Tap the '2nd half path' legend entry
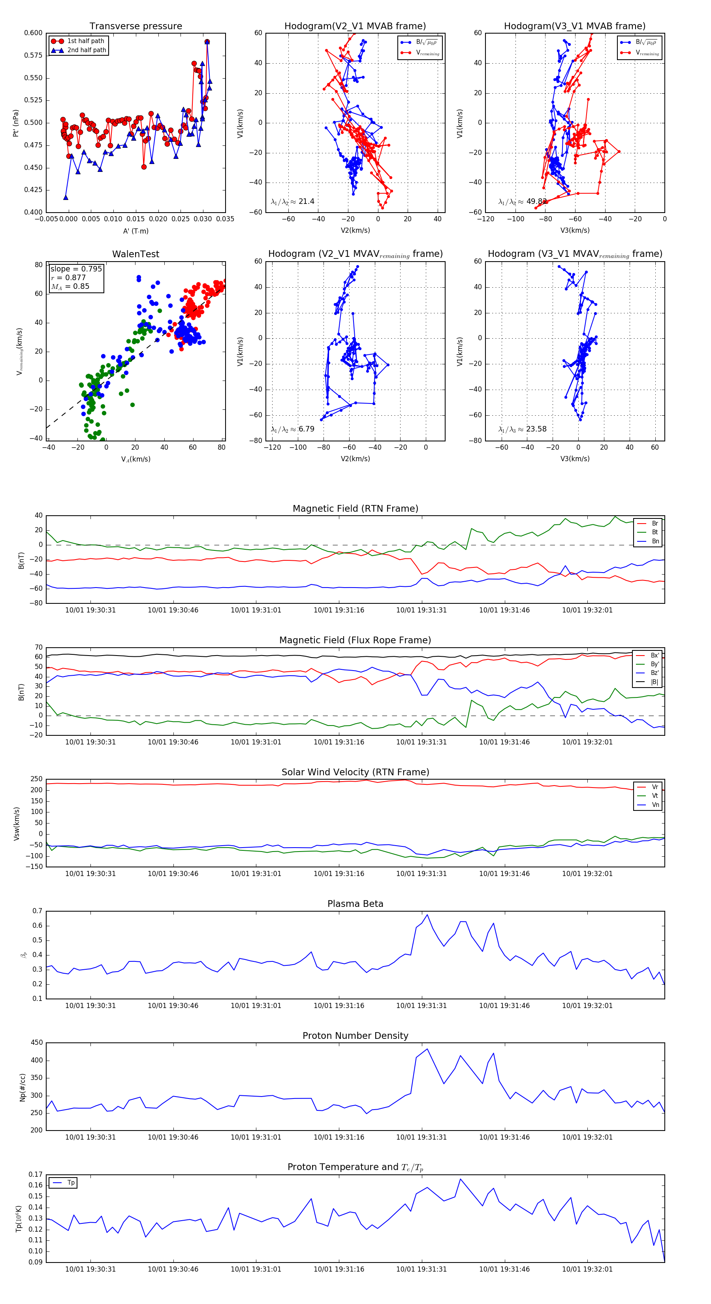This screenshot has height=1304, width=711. (x=87, y=50)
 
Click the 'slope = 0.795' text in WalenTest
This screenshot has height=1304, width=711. (x=76, y=269)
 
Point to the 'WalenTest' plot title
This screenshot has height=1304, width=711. (x=135, y=254)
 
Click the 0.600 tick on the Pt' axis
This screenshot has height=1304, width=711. (x=34, y=33)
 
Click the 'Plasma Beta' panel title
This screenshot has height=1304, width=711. (x=355, y=904)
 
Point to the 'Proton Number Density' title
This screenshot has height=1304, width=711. (x=355, y=1036)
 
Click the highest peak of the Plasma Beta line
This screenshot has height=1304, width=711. (x=427, y=915)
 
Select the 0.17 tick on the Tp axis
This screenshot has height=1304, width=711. (x=36, y=1174)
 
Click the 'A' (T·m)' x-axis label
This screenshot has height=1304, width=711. (x=135, y=231)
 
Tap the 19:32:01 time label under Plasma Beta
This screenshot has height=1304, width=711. (x=587, y=1006)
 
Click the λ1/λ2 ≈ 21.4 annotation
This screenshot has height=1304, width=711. (x=292, y=202)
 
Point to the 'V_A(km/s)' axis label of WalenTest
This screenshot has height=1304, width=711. (x=135, y=459)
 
